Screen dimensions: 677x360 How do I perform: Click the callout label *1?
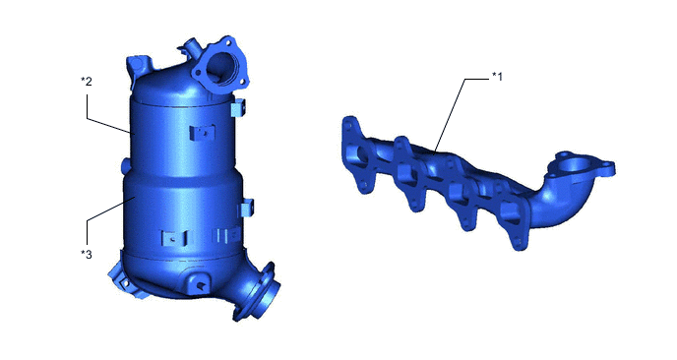497,77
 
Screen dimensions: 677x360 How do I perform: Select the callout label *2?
87,82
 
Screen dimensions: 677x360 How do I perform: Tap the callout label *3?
87,254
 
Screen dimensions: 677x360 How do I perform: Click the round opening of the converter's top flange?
221,66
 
